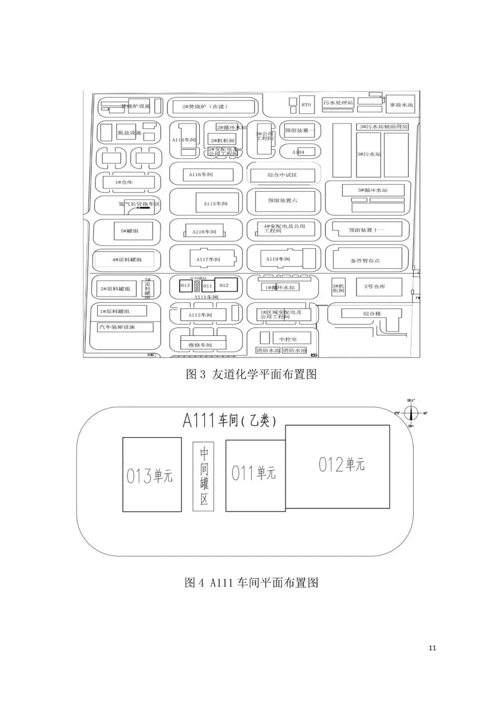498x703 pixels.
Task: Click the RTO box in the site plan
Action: point(306,105)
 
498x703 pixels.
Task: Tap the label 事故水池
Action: point(401,105)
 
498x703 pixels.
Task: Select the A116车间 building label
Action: point(201,175)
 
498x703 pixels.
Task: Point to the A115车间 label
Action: point(215,203)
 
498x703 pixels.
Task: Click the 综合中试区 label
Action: point(282,175)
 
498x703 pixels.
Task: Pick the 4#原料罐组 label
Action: point(127,260)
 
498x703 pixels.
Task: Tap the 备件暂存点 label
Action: point(365,261)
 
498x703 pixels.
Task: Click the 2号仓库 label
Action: point(374,287)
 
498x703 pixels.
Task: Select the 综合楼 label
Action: point(372,314)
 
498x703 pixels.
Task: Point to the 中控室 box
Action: point(288,339)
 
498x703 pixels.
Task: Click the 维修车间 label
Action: point(200,345)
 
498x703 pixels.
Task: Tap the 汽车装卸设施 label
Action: point(117,327)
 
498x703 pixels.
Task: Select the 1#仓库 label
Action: point(124,182)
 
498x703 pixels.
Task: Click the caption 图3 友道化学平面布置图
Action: point(251,374)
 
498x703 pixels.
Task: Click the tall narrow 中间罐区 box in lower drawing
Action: point(203,476)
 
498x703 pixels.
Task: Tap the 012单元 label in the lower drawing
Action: point(342,464)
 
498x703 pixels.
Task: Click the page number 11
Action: point(432,648)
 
